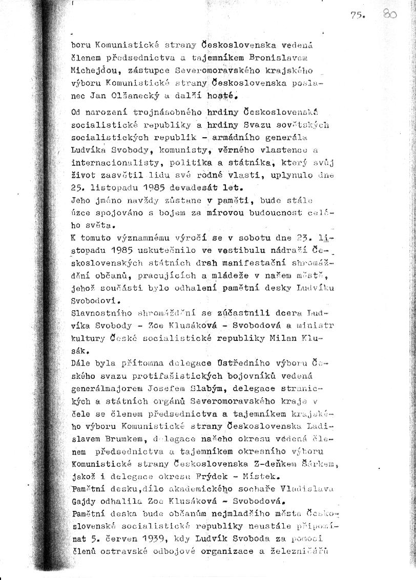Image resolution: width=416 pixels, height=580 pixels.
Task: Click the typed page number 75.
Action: [x=357, y=16]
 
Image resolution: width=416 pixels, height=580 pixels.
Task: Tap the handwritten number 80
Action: [x=389, y=15]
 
